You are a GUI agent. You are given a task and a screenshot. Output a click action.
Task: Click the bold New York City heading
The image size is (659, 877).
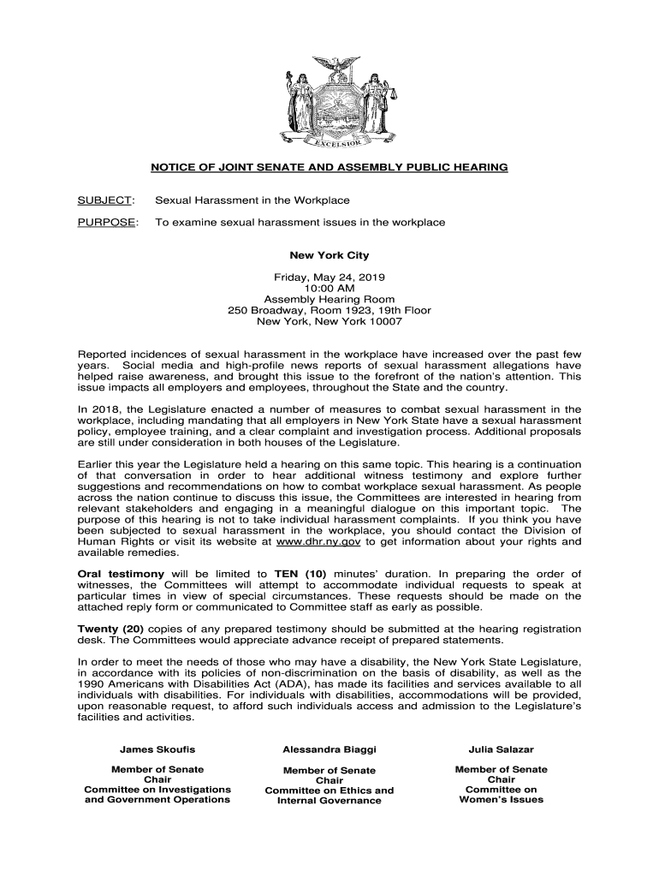click(329, 255)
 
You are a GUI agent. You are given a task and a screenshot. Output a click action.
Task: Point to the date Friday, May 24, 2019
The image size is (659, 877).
click(329, 277)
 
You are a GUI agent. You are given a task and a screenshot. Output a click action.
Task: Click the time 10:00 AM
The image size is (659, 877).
click(329, 289)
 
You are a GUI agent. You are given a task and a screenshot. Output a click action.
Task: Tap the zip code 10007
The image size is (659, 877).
click(384, 321)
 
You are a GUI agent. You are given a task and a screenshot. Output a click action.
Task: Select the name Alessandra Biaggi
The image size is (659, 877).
click(329, 749)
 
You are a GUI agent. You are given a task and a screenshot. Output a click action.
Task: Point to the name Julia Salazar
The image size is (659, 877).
click(502, 749)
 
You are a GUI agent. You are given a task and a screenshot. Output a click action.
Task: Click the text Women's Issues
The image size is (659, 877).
click(502, 800)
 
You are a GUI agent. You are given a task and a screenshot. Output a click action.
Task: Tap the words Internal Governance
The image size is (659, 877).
click(329, 801)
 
